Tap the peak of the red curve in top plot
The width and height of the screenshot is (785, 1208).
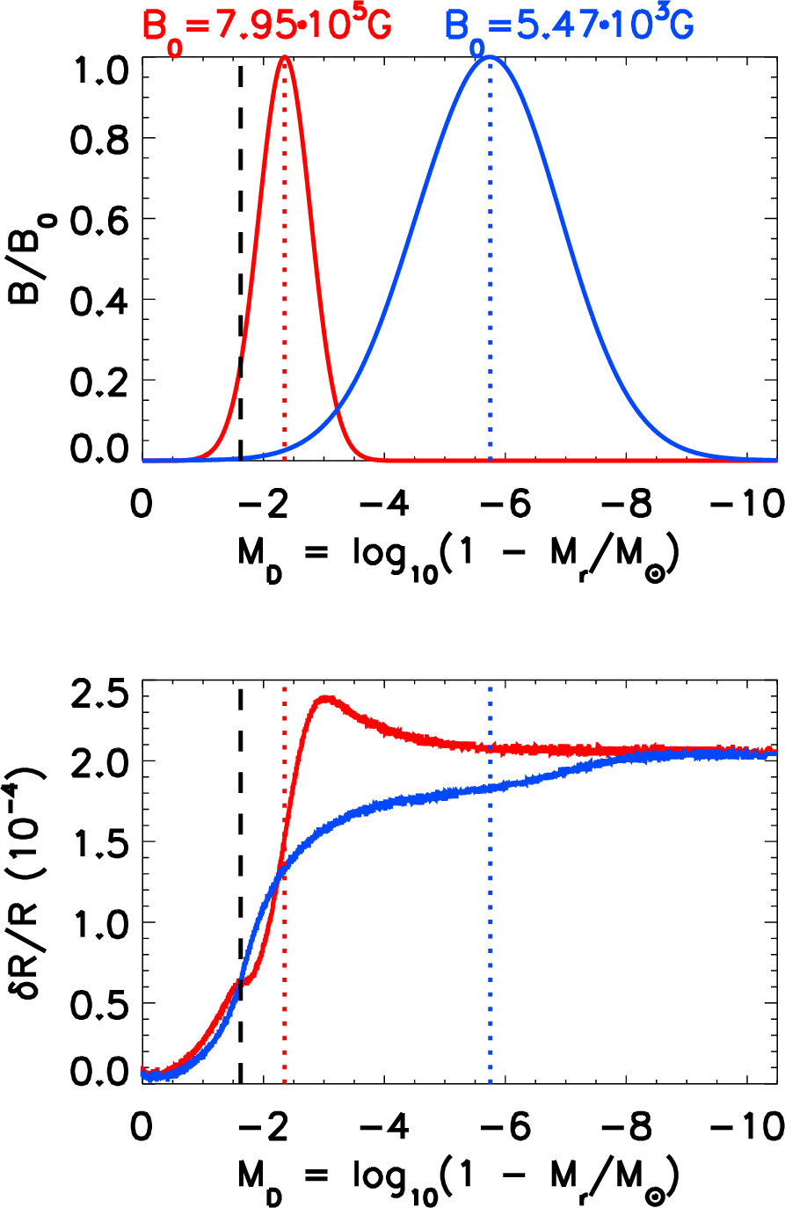point(285,58)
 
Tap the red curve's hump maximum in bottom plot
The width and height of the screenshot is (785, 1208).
point(326,699)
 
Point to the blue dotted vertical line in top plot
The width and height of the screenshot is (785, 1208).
point(490,264)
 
